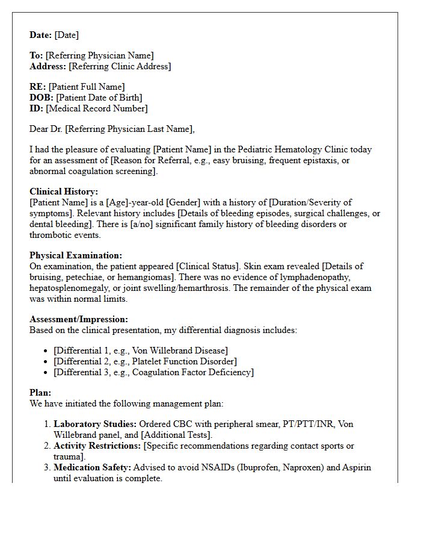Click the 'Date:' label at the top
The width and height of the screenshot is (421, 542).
[41, 35]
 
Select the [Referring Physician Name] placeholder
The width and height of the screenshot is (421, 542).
[99, 56]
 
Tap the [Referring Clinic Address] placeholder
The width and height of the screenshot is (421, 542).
[120, 66]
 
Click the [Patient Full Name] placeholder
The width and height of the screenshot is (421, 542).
[87, 87]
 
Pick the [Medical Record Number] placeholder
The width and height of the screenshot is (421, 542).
[97, 108]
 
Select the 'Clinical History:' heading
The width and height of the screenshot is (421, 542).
[64, 192]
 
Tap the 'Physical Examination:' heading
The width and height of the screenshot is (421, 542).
[76, 255]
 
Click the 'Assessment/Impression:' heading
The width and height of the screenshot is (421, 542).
[79, 319]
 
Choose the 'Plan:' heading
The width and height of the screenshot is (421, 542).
[41, 393]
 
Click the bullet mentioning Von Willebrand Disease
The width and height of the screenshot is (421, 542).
[141, 350]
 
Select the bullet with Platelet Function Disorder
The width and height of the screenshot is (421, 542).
[145, 361]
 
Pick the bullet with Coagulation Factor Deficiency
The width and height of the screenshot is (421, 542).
[153, 372]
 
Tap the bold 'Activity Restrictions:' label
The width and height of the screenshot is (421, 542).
[97, 446]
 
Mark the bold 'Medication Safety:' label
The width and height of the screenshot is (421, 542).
[92, 467]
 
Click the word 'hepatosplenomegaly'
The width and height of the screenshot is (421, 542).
[69, 288]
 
